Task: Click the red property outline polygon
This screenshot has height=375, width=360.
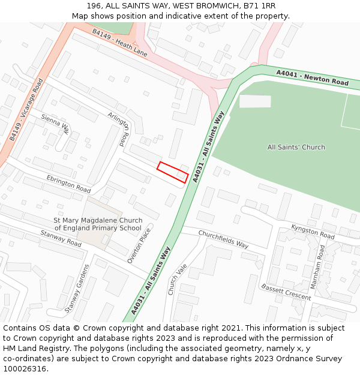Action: coord(173,172)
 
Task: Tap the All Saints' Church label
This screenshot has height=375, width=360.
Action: coord(296,147)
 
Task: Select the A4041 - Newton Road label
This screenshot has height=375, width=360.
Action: coord(312,77)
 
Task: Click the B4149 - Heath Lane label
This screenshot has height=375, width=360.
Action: coord(120,43)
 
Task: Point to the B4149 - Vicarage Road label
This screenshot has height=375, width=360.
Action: coord(26,110)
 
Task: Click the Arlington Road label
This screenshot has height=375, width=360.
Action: coord(119,128)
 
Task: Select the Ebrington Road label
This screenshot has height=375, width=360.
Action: coord(68,184)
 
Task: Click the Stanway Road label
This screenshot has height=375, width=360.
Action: coord(61,239)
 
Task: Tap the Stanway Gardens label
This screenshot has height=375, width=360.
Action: coord(77,289)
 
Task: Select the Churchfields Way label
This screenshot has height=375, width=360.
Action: coord(223,239)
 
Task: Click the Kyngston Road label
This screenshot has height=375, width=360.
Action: coord(313,232)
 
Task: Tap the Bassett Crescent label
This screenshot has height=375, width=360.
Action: coord(286,292)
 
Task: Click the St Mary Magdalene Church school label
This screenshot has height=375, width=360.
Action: coord(98,224)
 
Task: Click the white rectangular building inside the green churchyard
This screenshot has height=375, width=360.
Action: coord(255,101)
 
